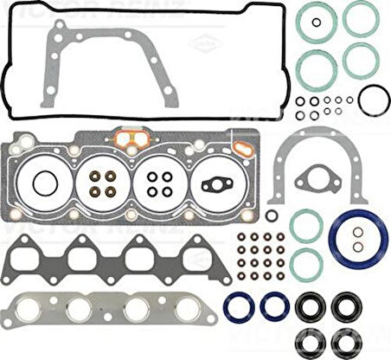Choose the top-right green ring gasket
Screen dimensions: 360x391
pos(358,18)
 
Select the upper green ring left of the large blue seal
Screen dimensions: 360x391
pos(306,225)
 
